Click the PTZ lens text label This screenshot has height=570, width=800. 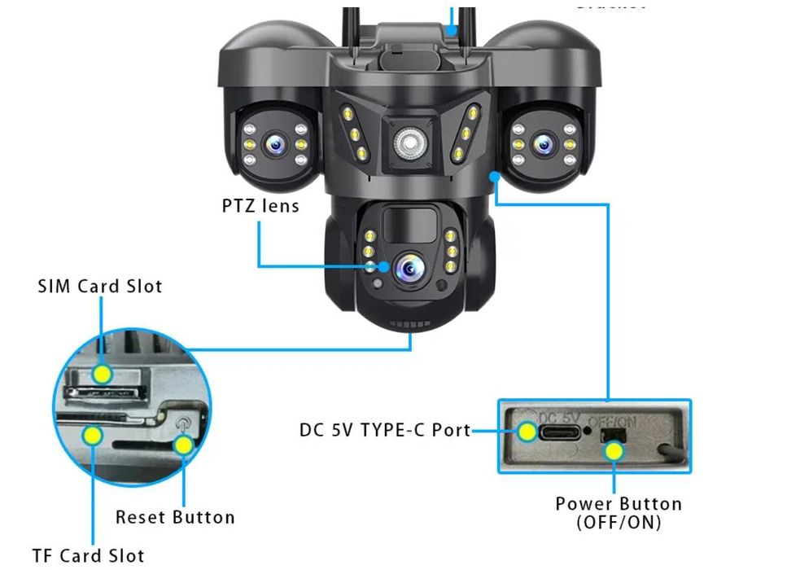point(260,206)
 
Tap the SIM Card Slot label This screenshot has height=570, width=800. point(99,287)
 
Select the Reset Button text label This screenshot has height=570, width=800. point(175,517)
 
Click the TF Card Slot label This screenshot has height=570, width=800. point(88,556)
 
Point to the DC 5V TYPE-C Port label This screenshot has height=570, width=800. point(385,430)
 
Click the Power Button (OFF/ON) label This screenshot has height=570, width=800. point(619,513)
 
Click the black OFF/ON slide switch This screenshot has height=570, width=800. point(613,436)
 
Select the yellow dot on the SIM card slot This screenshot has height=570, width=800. point(102,374)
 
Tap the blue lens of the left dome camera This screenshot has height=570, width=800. point(277,145)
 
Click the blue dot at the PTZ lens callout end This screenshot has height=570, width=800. point(383,266)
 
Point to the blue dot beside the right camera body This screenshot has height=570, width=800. point(494,175)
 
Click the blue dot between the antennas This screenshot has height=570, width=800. point(453,30)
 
